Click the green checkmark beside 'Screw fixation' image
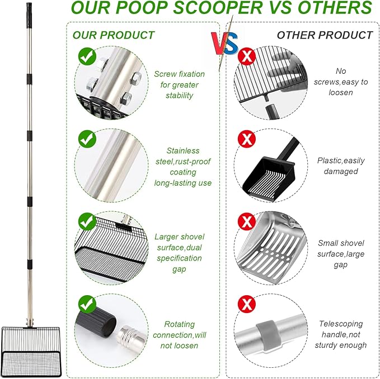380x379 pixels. pos(86,56)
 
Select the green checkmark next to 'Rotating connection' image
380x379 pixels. pos(86,304)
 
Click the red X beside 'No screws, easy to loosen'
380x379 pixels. pos(246,56)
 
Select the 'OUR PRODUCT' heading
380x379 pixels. pos(113,35)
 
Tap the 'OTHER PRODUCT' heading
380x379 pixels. pos(325,35)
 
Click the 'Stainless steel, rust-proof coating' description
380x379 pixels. pos(182,167)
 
